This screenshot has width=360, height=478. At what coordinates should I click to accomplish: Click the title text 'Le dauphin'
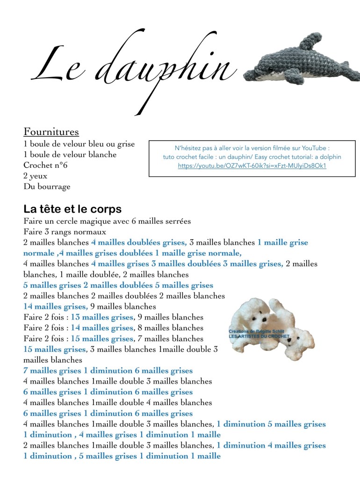133,70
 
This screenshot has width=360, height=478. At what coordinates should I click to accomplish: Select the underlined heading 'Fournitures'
51,132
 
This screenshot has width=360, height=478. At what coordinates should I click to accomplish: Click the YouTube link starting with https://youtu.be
252,165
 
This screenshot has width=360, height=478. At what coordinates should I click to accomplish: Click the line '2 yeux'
36,176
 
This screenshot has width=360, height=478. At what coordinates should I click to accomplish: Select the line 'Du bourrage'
47,187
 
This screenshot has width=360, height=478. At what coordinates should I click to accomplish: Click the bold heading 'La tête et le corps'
72,209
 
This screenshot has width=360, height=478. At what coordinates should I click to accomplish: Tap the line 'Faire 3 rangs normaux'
65,232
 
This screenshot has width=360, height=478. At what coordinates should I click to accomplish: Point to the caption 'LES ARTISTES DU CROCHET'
259,336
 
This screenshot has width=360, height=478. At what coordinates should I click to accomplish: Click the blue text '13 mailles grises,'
102,317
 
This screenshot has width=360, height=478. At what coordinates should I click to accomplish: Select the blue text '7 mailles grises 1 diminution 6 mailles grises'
108,371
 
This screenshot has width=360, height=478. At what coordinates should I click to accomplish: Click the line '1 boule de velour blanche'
70,155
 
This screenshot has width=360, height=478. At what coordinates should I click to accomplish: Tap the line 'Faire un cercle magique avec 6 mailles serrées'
107,221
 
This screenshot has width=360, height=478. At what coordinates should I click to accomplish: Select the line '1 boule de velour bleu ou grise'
79,144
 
